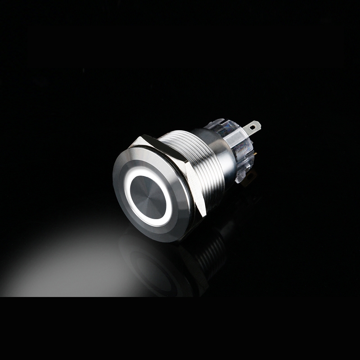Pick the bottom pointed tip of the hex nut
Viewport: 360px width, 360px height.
205,214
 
